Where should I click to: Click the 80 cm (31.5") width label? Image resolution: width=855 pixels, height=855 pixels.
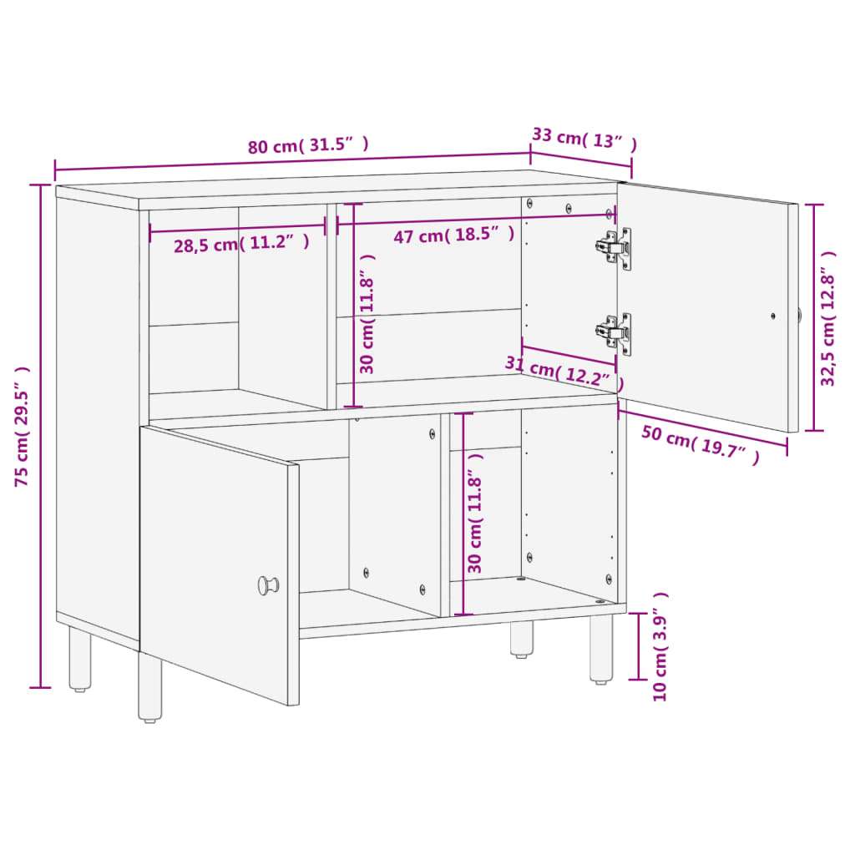coord(308,145)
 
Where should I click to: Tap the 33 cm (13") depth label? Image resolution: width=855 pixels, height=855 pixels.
coord(584,139)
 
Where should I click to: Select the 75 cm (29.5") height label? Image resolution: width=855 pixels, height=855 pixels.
coord(22,427)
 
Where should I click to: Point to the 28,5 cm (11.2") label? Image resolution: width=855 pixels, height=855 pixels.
coord(241,243)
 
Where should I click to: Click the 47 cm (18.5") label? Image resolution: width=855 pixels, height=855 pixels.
coord(453,235)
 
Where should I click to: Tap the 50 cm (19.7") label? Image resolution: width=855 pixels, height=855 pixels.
coord(701,444)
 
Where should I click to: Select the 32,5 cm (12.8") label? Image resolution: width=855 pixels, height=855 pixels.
coord(827,318)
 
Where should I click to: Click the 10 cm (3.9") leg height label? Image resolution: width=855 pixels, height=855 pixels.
coord(660,647)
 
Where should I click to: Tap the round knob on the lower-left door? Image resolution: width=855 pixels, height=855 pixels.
coord(268,585)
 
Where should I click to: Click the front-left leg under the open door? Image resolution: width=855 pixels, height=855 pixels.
coord(149,688)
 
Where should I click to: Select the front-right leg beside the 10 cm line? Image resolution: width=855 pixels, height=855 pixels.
coord(601,649)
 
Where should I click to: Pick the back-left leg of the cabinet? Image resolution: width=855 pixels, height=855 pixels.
coord(80,660)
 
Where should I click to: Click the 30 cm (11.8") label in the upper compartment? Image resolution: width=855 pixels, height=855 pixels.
coord(367,314)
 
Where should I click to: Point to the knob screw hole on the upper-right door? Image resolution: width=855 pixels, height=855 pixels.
coord(773,316)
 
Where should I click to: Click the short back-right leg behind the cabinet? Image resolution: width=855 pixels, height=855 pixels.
coord(522,639)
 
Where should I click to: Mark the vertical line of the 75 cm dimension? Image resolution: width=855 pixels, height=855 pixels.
coord(40,436)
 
